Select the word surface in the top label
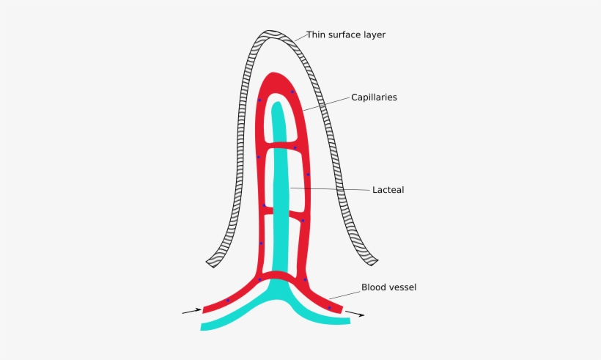pyautogui.click(x=346, y=34)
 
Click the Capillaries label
pyautogui.click(x=374, y=98)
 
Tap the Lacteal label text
pyautogui.click(x=388, y=190)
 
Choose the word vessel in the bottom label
pyautogui.click(x=402, y=287)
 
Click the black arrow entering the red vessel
pyautogui.click(x=191, y=312)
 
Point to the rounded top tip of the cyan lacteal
pyautogui.click(x=277, y=106)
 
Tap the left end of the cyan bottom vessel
pyautogui.click(x=204, y=326)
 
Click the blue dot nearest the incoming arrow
pyautogui.click(x=228, y=300)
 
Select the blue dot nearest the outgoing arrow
pyautogui.click(x=329, y=308)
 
